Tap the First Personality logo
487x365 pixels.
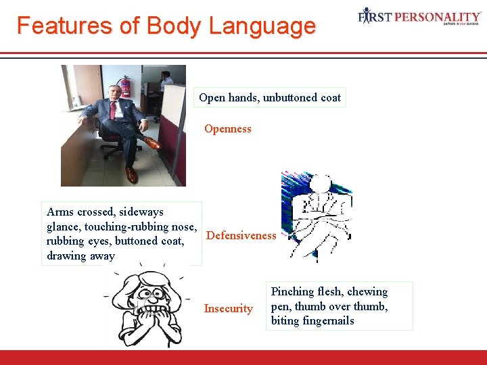419,17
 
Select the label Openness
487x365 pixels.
227,128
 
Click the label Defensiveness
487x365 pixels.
241,235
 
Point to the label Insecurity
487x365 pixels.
228,308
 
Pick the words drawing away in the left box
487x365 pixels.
80,255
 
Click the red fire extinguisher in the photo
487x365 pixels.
124,86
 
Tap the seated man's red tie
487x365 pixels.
112,109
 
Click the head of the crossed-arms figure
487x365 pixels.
321,184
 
